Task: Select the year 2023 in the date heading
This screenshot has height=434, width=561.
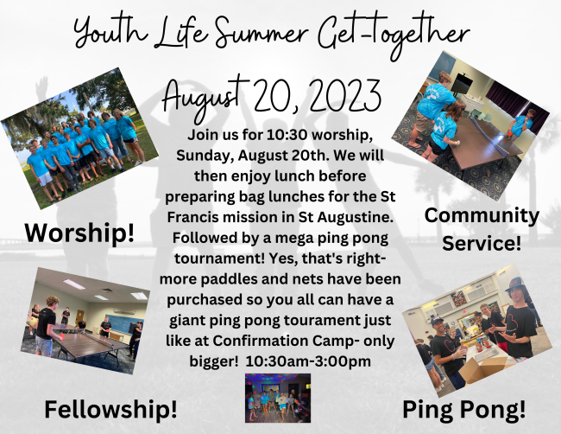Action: point(344,96)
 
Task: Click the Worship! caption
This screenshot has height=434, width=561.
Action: point(79,233)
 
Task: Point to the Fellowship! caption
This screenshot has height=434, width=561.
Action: point(110,409)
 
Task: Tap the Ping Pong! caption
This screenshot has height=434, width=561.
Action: point(464,410)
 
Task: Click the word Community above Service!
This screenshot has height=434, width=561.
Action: point(482,216)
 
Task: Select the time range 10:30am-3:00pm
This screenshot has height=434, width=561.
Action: point(308,361)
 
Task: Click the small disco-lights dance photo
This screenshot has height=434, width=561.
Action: point(278,398)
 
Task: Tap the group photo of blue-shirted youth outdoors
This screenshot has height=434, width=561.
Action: point(80,138)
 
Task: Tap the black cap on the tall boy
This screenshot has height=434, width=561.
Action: point(514,284)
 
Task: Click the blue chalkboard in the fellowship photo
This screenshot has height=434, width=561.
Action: point(123,322)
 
